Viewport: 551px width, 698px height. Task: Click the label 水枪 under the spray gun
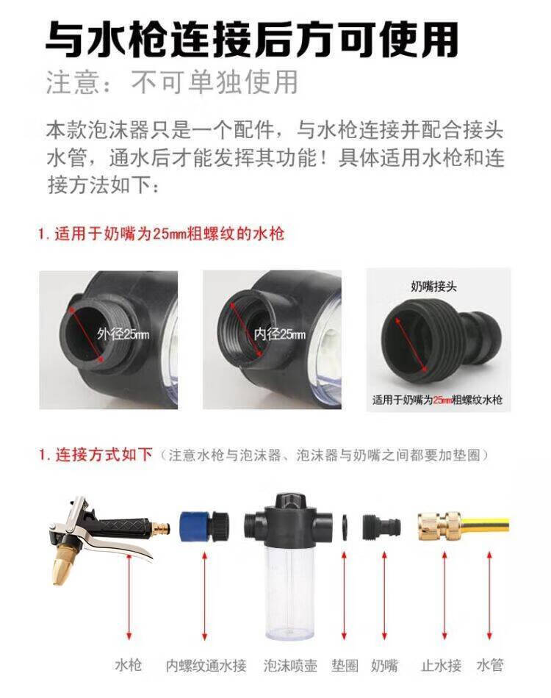[128, 666]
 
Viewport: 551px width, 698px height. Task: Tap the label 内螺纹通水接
[206, 666]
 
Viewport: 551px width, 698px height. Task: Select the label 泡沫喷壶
[290, 666]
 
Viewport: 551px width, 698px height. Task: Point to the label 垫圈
[345, 666]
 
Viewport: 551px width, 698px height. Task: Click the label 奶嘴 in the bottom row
[384, 666]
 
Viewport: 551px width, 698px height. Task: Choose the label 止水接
[441, 666]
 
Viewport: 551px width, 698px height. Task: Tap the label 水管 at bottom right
[489, 666]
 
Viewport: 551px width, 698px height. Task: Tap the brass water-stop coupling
[440, 526]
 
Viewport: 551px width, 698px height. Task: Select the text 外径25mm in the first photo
[123, 334]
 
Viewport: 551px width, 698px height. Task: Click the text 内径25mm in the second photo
[280, 334]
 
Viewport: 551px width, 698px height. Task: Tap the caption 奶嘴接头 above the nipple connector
[433, 287]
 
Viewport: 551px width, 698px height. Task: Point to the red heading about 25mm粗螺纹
[161, 234]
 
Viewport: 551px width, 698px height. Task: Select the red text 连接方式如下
[104, 455]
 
